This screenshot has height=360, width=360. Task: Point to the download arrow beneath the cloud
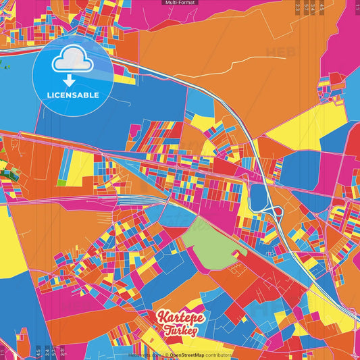[x=68, y=80]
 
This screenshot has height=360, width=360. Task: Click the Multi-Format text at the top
[x=180, y=3]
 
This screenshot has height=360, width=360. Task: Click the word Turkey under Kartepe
[x=180, y=332]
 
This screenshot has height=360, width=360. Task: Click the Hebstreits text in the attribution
[x=142, y=355]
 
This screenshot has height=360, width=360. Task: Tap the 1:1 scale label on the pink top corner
[x=357, y=5]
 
